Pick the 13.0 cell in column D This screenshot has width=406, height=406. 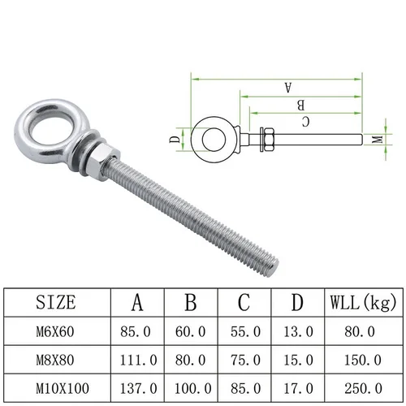tap(297, 330)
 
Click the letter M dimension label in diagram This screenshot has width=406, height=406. tap(376, 140)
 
